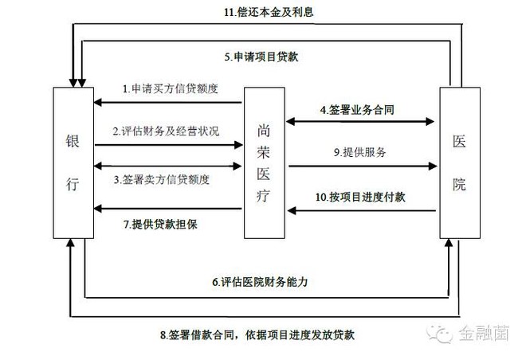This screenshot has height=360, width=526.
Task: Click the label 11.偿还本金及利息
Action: click(269, 12)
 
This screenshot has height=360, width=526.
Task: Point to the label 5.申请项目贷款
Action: click(261, 57)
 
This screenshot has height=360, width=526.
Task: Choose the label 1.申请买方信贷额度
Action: click(171, 88)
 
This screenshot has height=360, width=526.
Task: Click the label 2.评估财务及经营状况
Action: click(166, 131)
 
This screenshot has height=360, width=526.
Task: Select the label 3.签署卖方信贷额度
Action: click(161, 180)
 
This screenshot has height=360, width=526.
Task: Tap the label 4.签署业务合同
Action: click(357, 110)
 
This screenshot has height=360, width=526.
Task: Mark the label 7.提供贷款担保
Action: click(160, 225)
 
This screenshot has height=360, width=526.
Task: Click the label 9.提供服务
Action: click(359, 152)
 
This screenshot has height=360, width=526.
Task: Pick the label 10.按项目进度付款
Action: click(360, 197)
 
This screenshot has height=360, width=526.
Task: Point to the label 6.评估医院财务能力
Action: click(260, 282)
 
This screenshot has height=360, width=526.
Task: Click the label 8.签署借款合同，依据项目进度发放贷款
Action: click(257, 335)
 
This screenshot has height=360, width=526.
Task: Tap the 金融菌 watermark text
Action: click(484, 333)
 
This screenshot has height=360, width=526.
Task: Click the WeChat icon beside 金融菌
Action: click(440, 334)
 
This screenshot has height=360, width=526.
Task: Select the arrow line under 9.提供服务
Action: click(363, 166)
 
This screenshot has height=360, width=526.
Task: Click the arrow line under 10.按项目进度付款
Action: click(362, 211)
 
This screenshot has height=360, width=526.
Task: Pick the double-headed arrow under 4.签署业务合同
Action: click(360, 121)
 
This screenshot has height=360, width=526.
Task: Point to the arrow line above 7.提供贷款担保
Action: click(167, 209)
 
